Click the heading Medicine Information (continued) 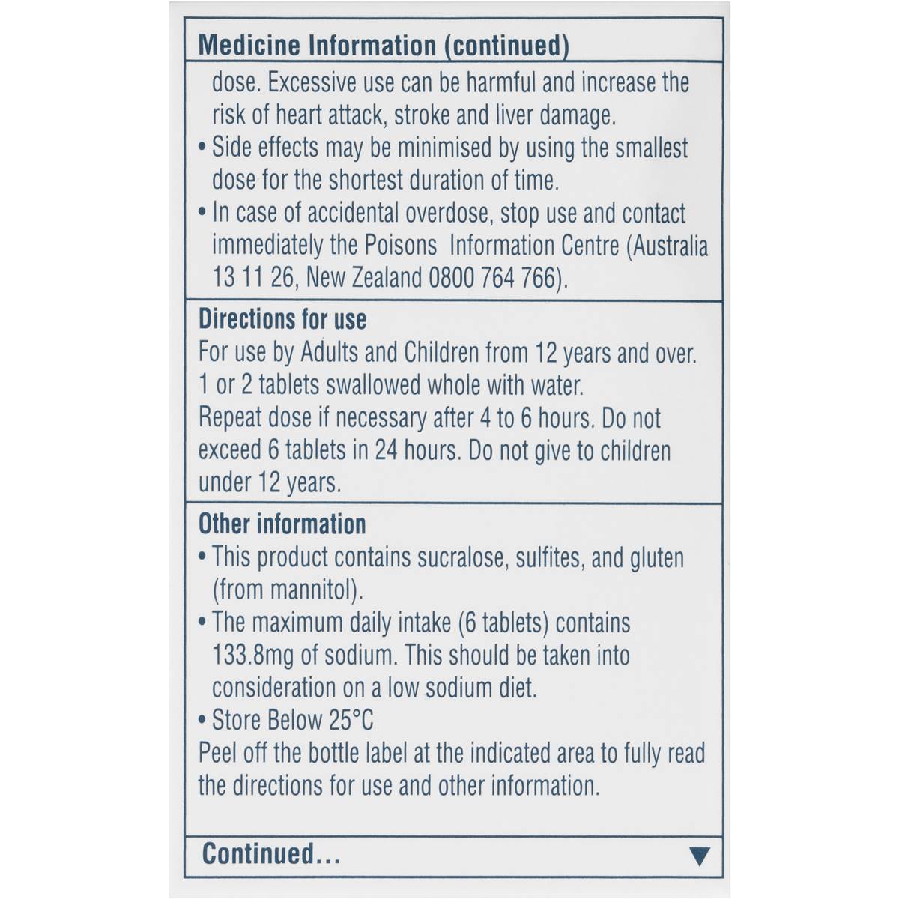tap(383, 46)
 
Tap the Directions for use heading tap(282, 320)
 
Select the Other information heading tap(282, 524)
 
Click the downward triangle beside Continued tap(698, 856)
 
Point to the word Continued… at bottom tap(271, 854)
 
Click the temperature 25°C tap(351, 721)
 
